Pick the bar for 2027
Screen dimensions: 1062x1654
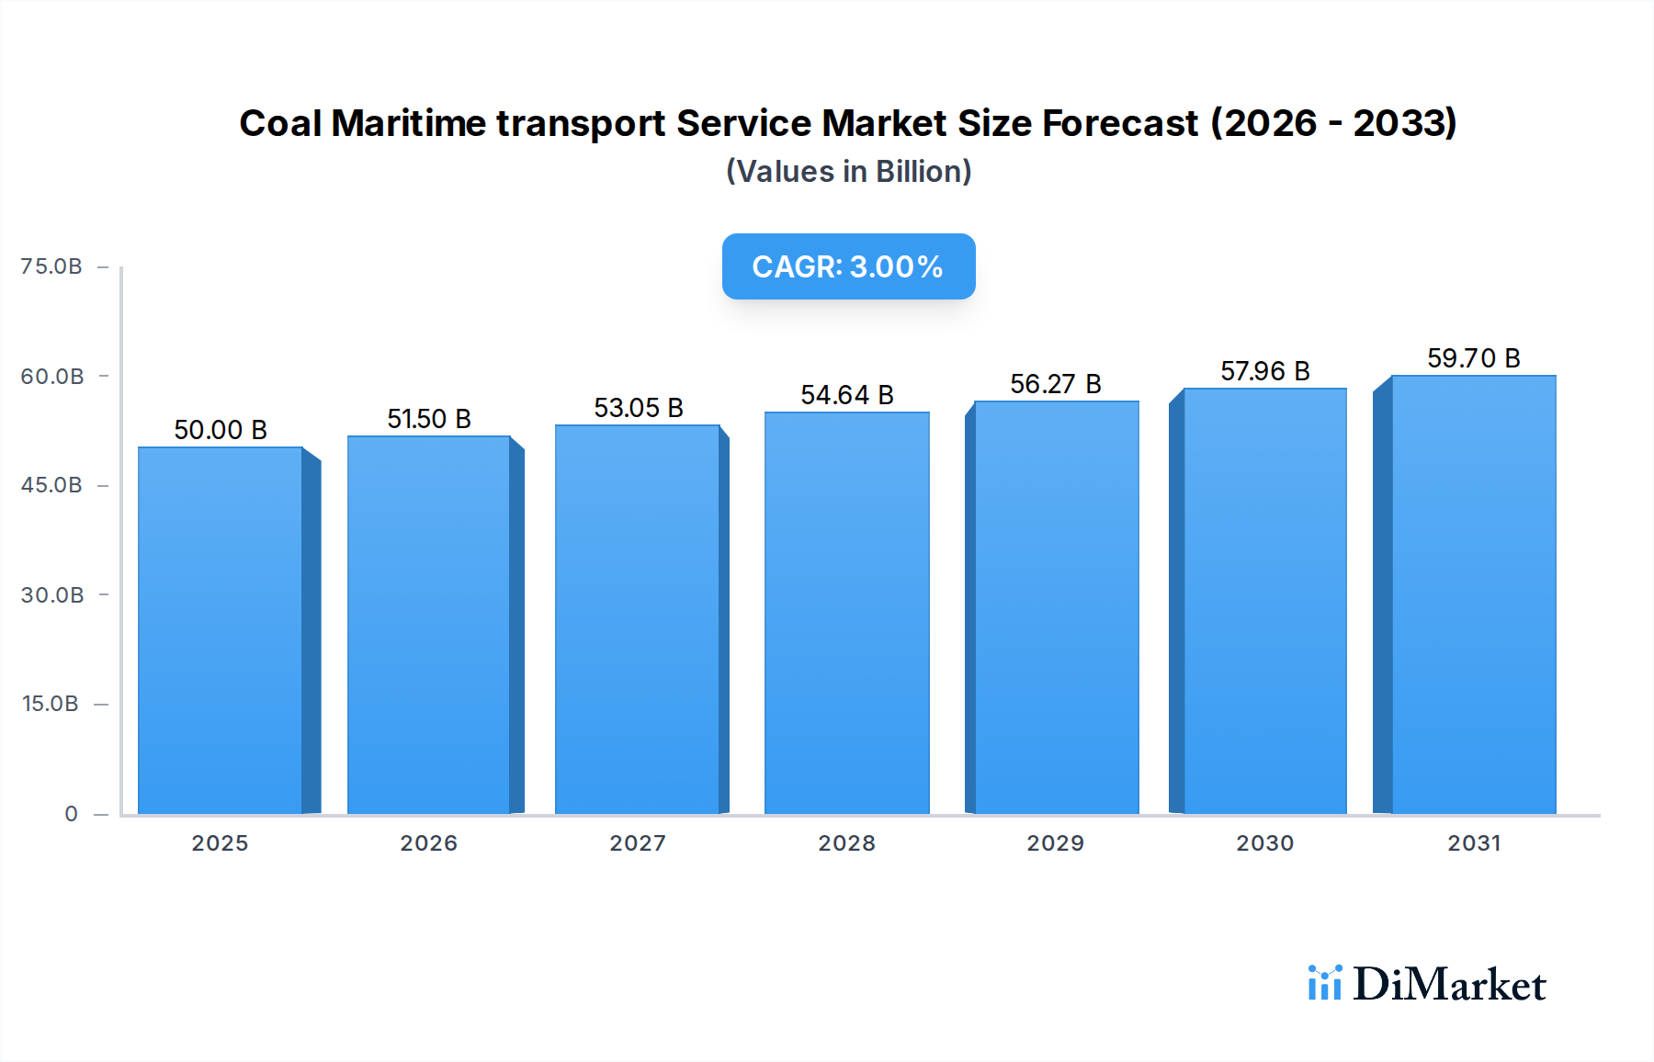tap(637, 619)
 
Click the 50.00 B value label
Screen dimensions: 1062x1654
tap(221, 430)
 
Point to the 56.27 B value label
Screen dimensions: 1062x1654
tap(1055, 384)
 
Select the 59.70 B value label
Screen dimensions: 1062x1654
tap(1473, 358)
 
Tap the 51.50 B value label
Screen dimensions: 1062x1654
tap(428, 419)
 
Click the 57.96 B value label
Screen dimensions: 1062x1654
tap(1264, 371)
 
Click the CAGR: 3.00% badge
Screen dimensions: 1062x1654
tap(848, 266)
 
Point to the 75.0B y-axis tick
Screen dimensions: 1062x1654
tap(51, 266)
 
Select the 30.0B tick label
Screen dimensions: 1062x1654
tap(52, 595)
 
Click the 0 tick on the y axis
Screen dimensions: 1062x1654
tap(71, 814)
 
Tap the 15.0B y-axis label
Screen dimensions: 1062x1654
tap(51, 704)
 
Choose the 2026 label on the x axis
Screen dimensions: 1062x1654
tap(428, 843)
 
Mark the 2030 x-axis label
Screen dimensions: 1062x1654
tap(1264, 843)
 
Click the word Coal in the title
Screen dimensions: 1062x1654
tap(280, 123)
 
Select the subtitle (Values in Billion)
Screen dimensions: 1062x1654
tap(848, 172)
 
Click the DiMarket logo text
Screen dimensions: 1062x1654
tap(1449, 985)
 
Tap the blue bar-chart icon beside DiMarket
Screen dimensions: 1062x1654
tap(1324, 983)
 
